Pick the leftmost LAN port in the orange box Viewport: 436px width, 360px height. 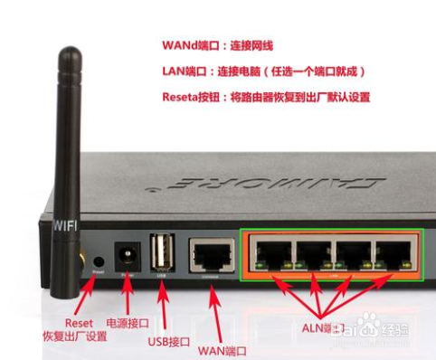click(x=271, y=253)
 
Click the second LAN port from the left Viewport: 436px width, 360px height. click(x=311, y=253)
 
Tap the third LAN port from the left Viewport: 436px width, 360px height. click(x=351, y=253)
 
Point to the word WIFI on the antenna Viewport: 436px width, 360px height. click(x=64, y=224)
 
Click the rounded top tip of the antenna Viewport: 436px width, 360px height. click(x=66, y=57)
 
